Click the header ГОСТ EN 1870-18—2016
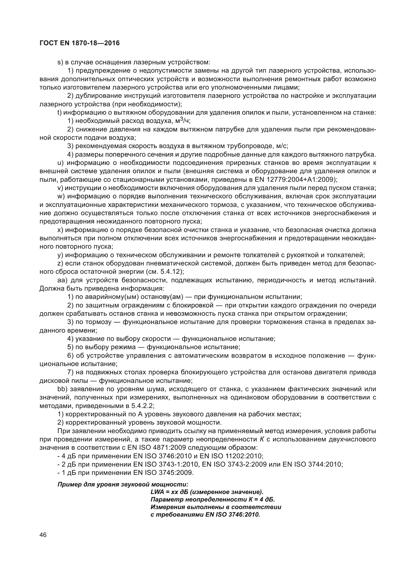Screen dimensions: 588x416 click(80, 43)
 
